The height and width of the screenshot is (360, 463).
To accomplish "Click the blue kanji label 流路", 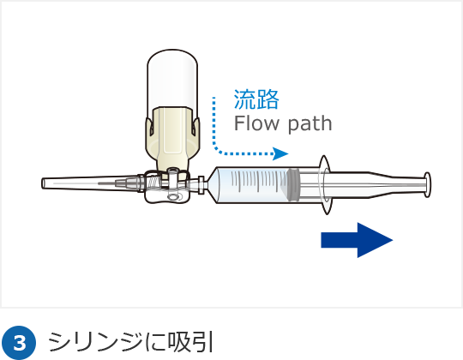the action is point(256,99).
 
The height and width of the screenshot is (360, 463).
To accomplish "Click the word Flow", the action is point(256,123).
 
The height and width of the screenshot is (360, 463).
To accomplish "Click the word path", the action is point(310,124).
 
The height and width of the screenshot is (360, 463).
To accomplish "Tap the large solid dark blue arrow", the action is point(357,240).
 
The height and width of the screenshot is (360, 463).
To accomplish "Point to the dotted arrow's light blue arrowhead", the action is point(280,153).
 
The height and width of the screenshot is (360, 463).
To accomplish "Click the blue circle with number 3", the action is point(20,343).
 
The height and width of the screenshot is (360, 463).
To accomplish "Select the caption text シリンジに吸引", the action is point(130,342).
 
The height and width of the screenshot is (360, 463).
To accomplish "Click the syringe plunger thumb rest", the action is point(427,185).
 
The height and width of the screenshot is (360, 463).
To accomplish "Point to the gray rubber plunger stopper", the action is point(294,185).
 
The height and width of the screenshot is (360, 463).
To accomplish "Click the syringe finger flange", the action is point(325,185).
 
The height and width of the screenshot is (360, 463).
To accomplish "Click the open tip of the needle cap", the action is point(43,183).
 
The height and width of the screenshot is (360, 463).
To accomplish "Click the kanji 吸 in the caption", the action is point(179,342).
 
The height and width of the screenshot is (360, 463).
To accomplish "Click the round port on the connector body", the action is point(172,197).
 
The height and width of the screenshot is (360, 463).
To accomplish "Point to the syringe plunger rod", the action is point(372,185).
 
